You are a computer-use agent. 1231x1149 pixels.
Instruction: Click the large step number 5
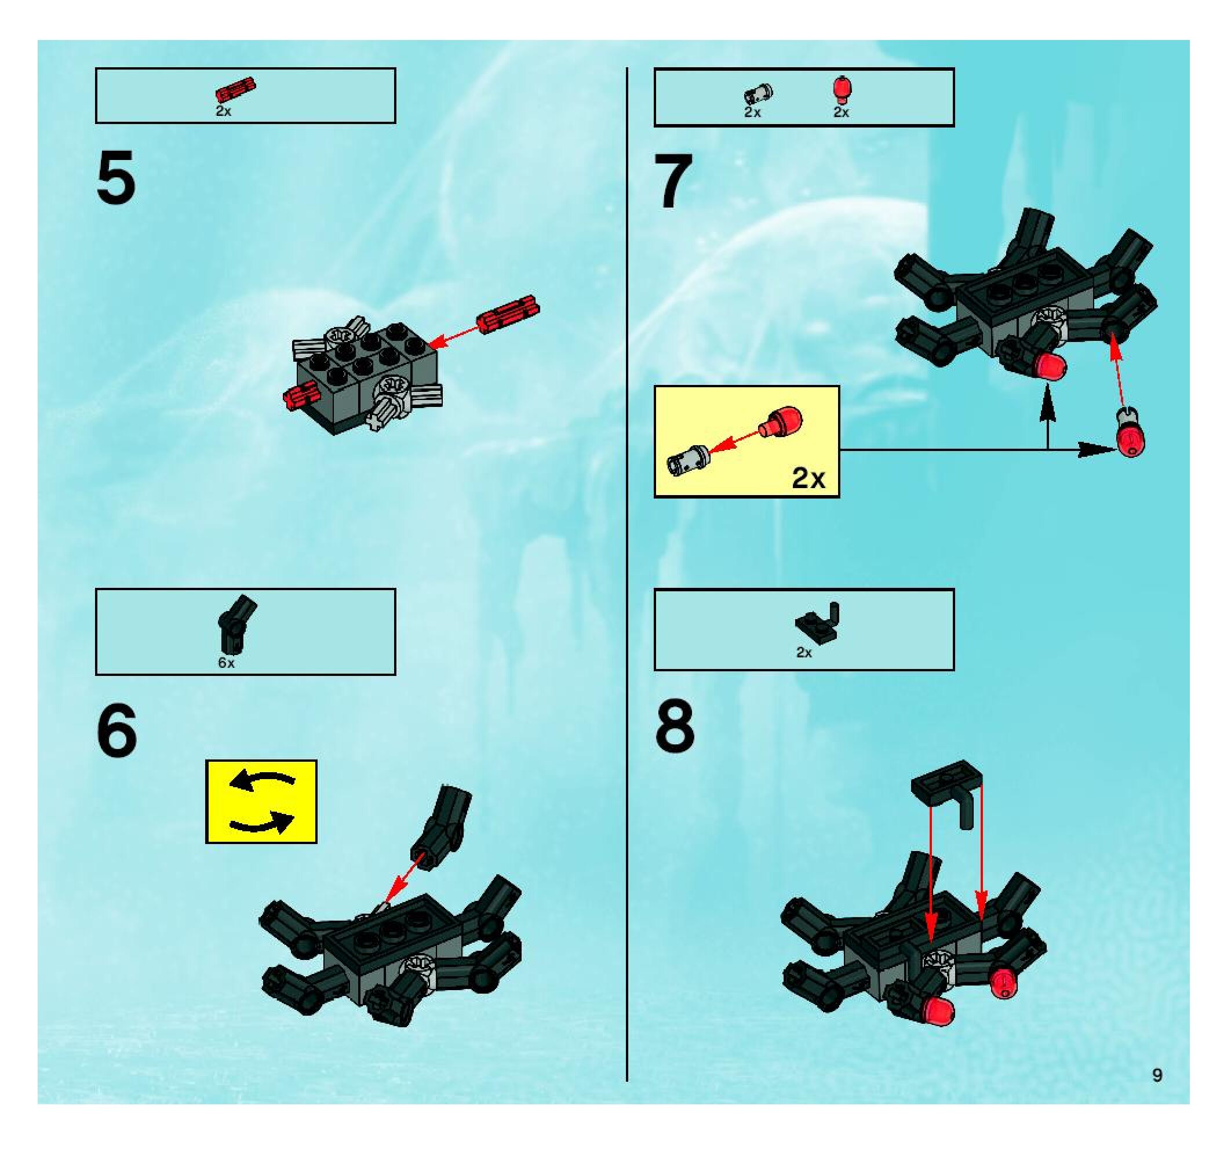pyautogui.click(x=116, y=178)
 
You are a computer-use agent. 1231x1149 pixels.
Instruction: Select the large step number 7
pyautogui.click(x=673, y=181)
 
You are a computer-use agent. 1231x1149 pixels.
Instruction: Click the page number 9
pyautogui.click(x=1157, y=1075)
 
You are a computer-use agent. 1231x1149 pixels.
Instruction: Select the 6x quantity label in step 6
pyautogui.click(x=226, y=663)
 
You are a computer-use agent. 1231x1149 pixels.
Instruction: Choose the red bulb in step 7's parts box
pyautogui.click(x=841, y=89)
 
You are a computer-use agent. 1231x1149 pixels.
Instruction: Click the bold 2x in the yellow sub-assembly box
pyautogui.click(x=808, y=478)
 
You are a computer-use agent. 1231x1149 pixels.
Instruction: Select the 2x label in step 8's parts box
pyautogui.click(x=804, y=652)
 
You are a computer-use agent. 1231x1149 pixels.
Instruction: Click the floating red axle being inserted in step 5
pyautogui.click(x=507, y=314)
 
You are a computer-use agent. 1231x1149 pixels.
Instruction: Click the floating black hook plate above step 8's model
pyautogui.click(x=947, y=794)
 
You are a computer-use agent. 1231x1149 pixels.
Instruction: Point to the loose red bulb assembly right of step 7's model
pyautogui.click(x=1131, y=432)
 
